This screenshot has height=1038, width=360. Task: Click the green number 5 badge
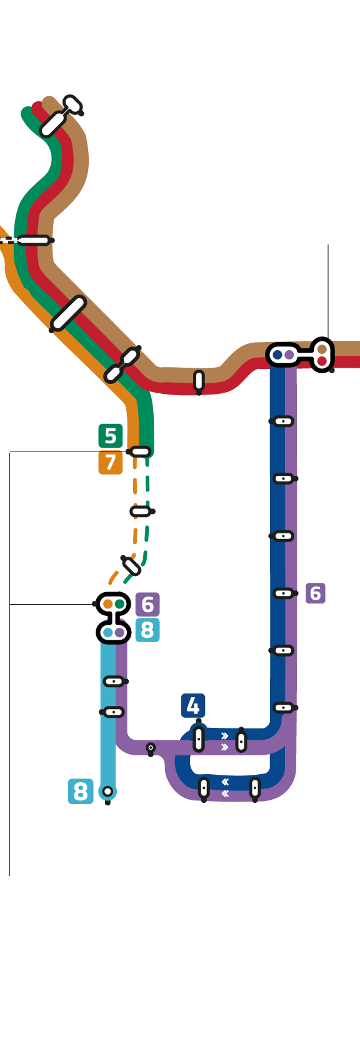(110, 436)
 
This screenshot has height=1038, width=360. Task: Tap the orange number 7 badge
(110, 462)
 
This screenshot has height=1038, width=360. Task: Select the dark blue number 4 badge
(192, 705)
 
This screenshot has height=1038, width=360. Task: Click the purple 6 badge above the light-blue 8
(147, 604)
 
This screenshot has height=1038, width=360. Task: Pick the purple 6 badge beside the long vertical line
(316, 593)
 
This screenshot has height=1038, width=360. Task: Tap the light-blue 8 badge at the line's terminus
(81, 791)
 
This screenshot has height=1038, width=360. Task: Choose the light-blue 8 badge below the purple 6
(147, 630)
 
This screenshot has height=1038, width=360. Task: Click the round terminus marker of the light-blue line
(107, 792)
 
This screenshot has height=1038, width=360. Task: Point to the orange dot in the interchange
(108, 604)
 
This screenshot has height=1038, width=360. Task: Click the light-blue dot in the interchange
(108, 632)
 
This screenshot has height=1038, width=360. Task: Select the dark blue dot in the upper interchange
(277, 355)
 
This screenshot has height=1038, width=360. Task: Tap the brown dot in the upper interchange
(322, 349)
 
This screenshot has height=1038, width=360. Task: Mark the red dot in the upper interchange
(322, 361)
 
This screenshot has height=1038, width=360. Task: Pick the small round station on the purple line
(151, 747)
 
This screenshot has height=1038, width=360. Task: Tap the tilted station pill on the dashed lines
(131, 565)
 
